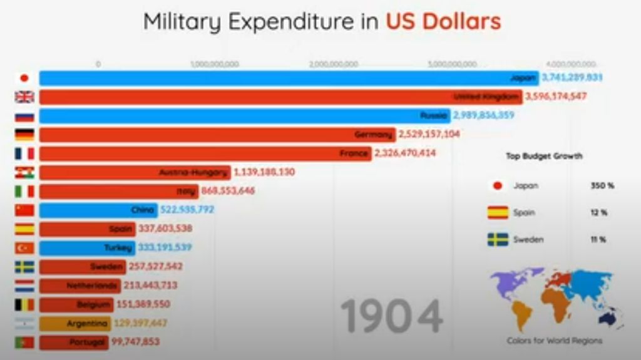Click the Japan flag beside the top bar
(24, 78)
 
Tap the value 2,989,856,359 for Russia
(484, 115)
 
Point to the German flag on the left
(24, 135)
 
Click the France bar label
(354, 153)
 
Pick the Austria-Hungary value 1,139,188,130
(264, 172)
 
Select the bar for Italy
(119, 191)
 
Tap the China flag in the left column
(24, 210)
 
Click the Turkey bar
(87, 247)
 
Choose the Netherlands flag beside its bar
(24, 285)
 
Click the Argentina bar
(75, 324)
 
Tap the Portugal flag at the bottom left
(24, 342)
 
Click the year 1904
(392, 316)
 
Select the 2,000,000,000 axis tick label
(334, 64)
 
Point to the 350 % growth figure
(602, 186)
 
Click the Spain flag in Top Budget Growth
(498, 213)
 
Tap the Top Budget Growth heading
(544, 156)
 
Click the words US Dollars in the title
(443, 22)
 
